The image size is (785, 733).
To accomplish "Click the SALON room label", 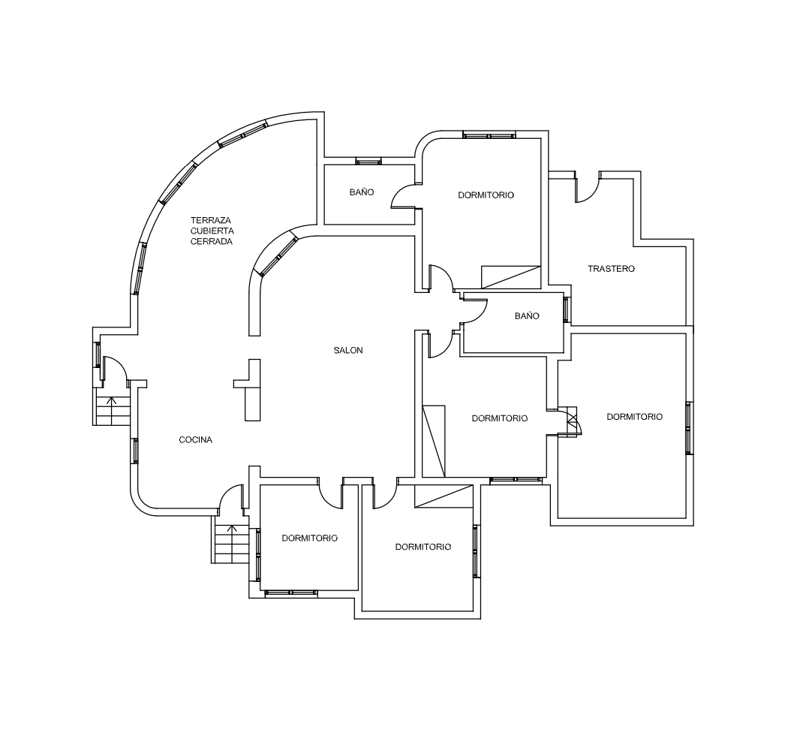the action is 348,350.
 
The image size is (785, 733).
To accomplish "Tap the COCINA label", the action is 196,440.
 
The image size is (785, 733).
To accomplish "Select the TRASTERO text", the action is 611,269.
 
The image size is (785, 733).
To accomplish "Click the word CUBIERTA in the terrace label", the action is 212,231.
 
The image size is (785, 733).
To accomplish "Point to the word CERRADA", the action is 212,242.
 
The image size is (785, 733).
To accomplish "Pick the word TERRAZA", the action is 211,220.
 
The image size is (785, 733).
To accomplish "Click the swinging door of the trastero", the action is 587,187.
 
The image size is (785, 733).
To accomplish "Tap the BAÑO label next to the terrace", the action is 362,192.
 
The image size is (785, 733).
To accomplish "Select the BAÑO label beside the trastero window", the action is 527,315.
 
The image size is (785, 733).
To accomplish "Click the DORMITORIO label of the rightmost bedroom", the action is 634,416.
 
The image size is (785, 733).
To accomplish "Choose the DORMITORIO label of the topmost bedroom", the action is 486,195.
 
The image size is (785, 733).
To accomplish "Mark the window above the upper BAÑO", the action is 368,161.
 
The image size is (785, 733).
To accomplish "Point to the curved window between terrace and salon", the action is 277,257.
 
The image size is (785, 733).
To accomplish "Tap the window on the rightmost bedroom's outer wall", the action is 690,428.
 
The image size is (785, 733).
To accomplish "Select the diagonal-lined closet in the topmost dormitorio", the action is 511,277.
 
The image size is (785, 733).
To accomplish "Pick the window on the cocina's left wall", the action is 134,451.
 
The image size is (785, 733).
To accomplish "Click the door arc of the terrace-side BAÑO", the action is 403,195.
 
